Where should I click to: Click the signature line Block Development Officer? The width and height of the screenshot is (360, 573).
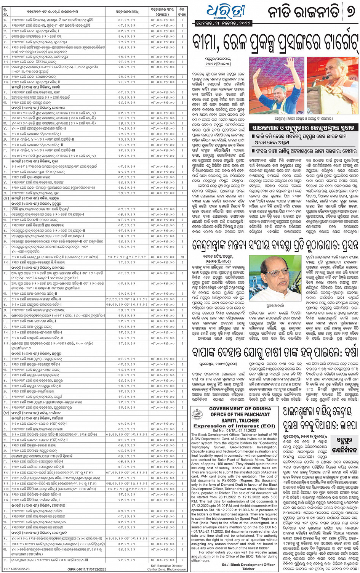point(248,565)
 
